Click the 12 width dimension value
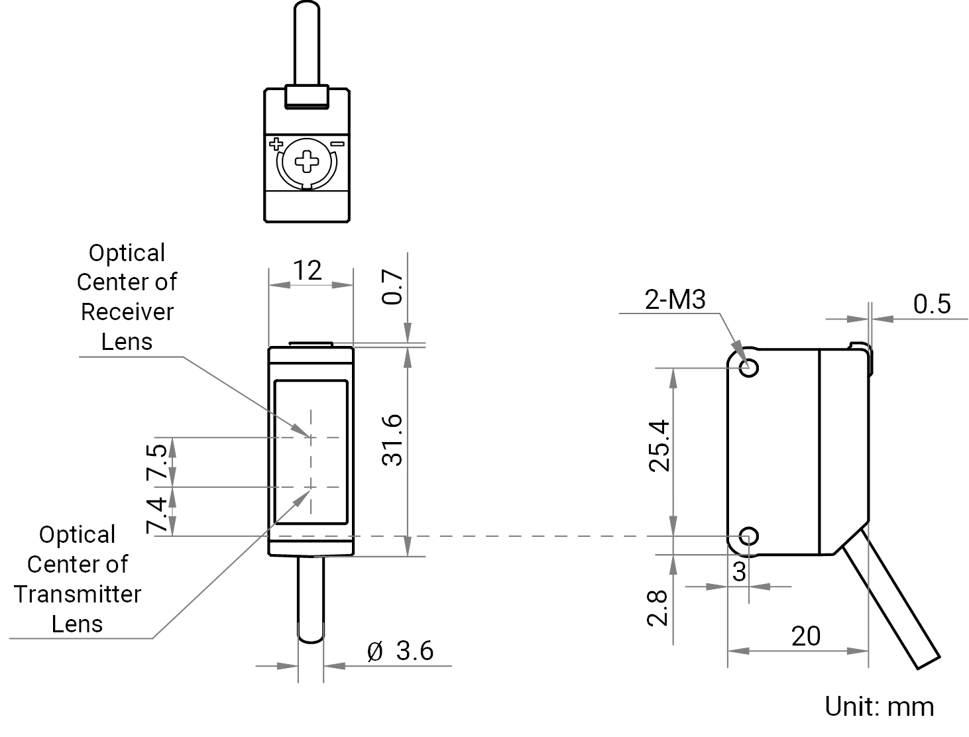tap(308, 270)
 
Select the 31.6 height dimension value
tap(392, 440)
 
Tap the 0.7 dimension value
tap(392, 286)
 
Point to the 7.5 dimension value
tap(156, 461)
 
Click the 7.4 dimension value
tap(156, 516)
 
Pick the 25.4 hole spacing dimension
tap(659, 447)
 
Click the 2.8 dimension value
tap(657, 608)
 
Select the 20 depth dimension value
tap(806, 636)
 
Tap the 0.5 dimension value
tap(932, 304)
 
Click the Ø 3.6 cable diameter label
tap(400, 651)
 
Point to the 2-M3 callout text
tap(675, 300)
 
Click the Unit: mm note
tap(880, 707)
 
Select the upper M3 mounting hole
tap(748, 368)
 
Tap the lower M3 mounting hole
tap(748, 536)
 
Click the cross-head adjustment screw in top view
tap(307, 162)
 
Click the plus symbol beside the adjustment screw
tap(276, 144)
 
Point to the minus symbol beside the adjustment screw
tap(338, 143)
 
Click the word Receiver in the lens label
tap(127, 312)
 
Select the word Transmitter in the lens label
tap(78, 594)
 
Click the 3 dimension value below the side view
tap(740, 571)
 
